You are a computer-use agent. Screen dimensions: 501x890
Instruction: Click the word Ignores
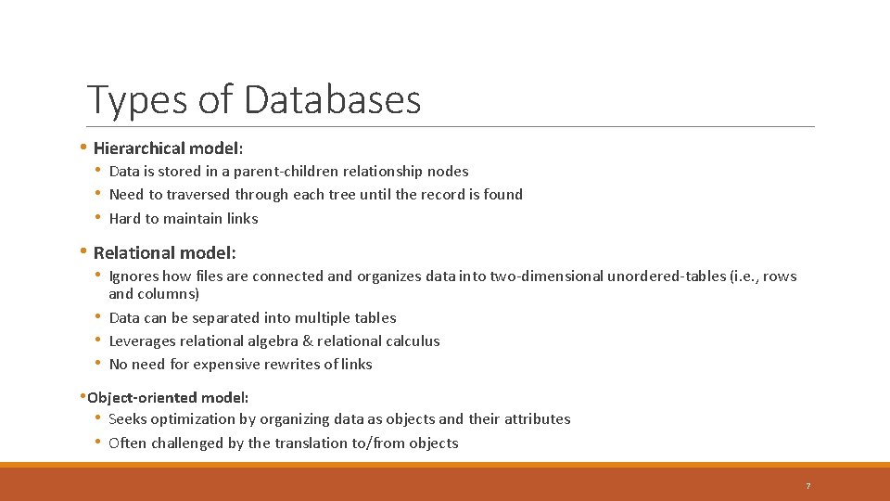(x=133, y=276)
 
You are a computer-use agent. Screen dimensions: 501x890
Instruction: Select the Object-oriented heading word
(x=143, y=397)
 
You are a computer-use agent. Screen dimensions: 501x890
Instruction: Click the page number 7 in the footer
(x=807, y=486)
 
